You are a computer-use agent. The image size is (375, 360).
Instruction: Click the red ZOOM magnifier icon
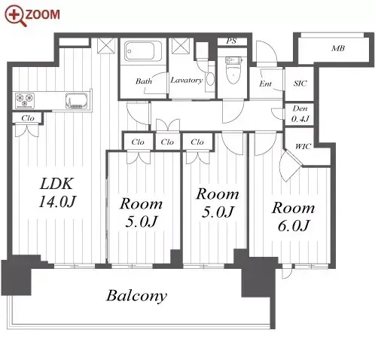pyautogui.click(x=15, y=16)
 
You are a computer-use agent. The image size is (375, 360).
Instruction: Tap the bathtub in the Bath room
pyautogui.click(x=139, y=51)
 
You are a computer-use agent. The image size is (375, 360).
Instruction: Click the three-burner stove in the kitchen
pyautogui.click(x=25, y=100)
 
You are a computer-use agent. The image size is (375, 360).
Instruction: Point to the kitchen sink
pyautogui.click(x=76, y=101)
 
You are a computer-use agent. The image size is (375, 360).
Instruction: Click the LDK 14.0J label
pyautogui.click(x=57, y=193)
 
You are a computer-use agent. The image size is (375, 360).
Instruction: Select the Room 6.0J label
pyautogui.click(x=293, y=217)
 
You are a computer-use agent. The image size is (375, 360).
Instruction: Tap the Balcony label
pyautogui.click(x=136, y=295)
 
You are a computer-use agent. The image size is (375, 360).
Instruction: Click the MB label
pyautogui.click(x=338, y=48)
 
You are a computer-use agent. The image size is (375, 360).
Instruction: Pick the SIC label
pyautogui.click(x=300, y=84)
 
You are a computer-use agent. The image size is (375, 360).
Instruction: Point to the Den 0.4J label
pyautogui.click(x=300, y=114)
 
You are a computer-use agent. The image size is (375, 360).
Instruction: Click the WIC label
pyautogui.click(x=303, y=146)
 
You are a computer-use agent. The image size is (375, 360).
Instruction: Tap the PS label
pyautogui.click(x=231, y=41)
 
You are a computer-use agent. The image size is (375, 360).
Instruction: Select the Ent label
pyautogui.click(x=265, y=84)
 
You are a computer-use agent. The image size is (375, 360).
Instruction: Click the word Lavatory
pyautogui.click(x=186, y=80)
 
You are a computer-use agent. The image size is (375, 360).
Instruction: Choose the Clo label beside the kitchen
pyautogui.click(x=28, y=118)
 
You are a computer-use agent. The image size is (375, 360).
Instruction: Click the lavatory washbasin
pyautogui.click(x=210, y=79)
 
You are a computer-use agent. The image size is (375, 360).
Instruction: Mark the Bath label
pyautogui.click(x=144, y=81)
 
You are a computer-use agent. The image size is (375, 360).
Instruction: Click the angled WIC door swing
pyautogui.click(x=288, y=166)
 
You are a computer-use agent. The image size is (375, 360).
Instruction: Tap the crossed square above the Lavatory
pyautogui.click(x=181, y=46)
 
